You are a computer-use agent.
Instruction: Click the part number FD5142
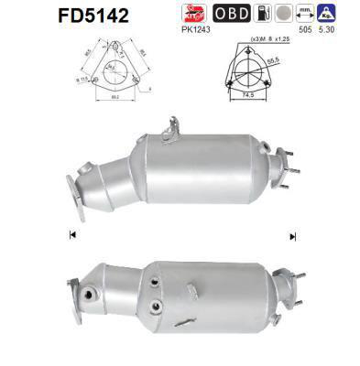pos(43,16)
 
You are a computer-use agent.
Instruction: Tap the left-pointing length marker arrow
pos(71,235)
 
